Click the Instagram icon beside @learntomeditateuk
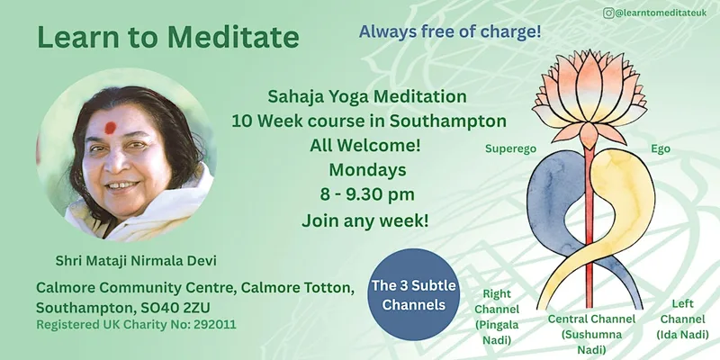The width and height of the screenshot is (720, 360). point(608,13)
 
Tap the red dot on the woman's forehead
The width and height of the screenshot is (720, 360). point(110,128)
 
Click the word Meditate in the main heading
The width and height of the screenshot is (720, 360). point(233,37)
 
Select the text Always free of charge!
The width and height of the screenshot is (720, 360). point(450,31)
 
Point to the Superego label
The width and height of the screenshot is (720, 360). point(510,149)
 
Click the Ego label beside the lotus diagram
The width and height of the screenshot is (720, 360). point(661,148)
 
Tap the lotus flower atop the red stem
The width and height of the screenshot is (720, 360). point(589,96)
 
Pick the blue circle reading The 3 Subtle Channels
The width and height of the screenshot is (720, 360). point(413,294)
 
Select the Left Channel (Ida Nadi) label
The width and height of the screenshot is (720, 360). point(682,319)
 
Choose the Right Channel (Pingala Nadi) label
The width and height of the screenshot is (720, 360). point(497,317)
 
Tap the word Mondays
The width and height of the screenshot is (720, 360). point(367,170)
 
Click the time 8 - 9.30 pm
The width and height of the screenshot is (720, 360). point(367,194)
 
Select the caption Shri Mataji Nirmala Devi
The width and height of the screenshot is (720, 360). point(136,261)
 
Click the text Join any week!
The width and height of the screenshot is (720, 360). point(365,220)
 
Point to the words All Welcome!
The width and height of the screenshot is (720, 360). point(365,146)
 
